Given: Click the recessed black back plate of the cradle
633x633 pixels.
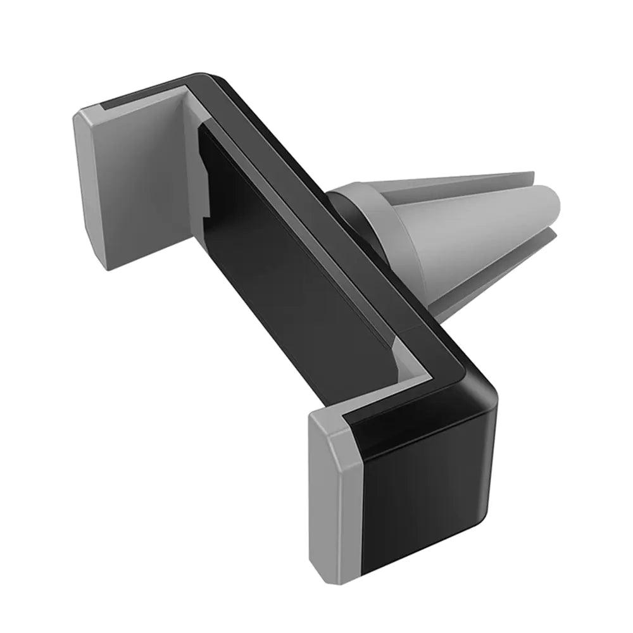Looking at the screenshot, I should pos(285,253).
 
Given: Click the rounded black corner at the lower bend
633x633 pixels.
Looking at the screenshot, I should pos(484,386).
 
